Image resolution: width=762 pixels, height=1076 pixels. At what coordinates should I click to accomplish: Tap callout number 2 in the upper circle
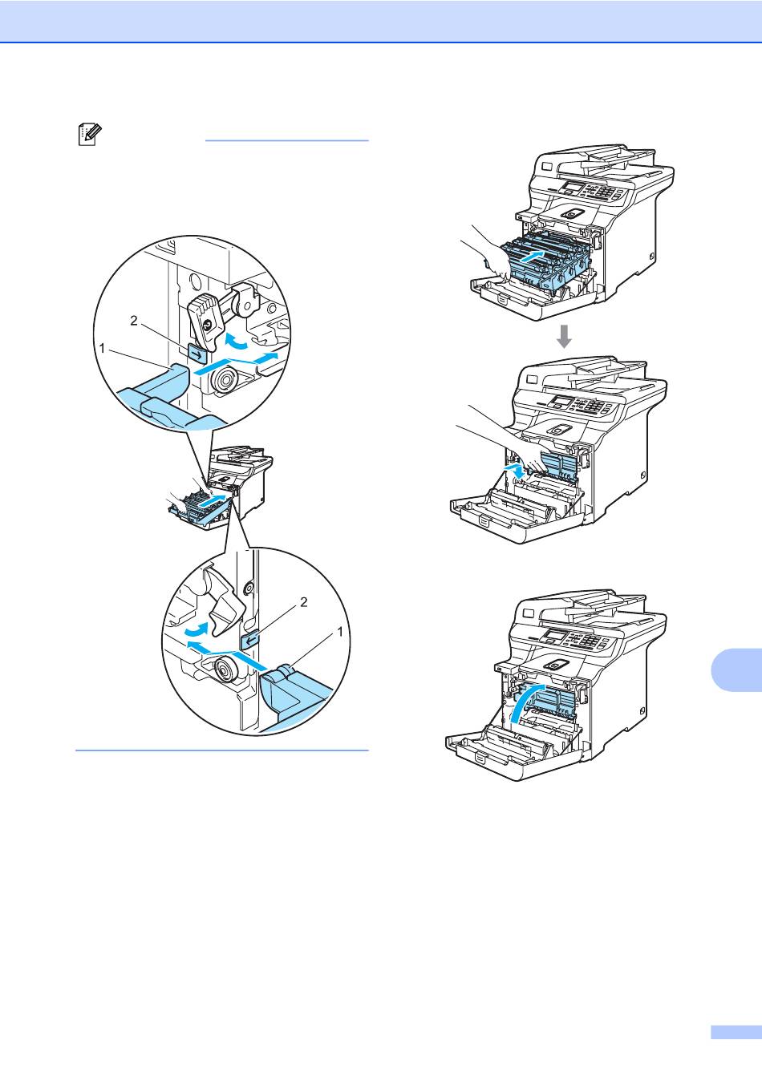[134, 321]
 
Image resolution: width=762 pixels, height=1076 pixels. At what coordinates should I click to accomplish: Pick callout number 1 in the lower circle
[340, 631]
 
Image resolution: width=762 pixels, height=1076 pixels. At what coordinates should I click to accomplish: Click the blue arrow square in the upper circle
[197, 351]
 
